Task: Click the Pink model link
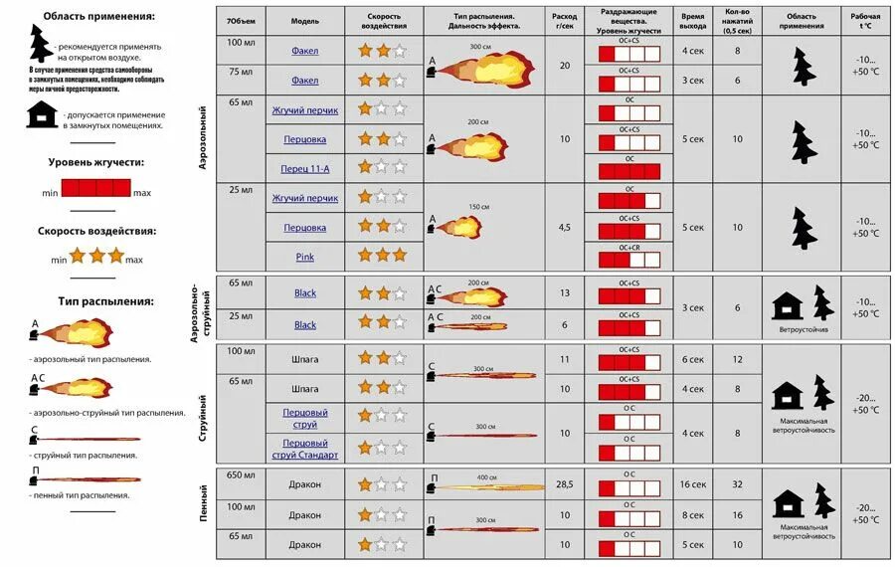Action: click(x=304, y=257)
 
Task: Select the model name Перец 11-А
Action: click(x=304, y=169)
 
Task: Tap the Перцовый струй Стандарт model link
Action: click(x=305, y=449)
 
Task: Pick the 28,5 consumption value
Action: click(x=565, y=484)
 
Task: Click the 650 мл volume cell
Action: click(x=241, y=475)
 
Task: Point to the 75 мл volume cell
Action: click(x=241, y=72)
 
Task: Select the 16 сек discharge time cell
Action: click(x=692, y=484)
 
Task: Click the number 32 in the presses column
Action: click(x=737, y=484)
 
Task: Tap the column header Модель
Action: click(x=305, y=20)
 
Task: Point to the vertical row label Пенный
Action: click(x=204, y=503)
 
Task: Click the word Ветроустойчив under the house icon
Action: click(x=804, y=329)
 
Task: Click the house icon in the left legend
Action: click(x=41, y=117)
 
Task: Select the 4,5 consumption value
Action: click(x=565, y=227)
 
